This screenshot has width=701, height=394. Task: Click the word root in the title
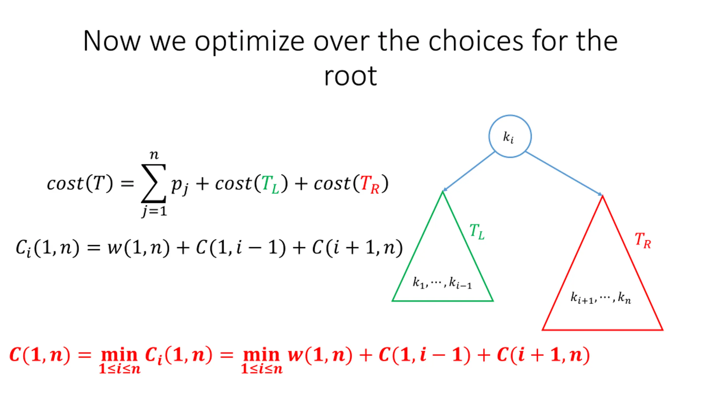click(350, 77)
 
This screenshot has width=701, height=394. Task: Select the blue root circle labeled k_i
click(510, 136)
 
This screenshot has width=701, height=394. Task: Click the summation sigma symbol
click(153, 183)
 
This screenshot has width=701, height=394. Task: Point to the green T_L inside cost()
click(270, 184)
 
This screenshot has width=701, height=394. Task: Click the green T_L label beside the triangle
click(477, 232)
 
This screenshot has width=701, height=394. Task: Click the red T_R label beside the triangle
click(642, 241)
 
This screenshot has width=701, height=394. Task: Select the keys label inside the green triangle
click(442, 283)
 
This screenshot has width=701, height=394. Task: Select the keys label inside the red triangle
click(601, 298)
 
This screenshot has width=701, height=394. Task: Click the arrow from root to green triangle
click(469, 171)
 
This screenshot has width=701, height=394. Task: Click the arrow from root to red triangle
click(564, 173)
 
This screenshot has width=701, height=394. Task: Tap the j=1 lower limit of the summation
click(154, 211)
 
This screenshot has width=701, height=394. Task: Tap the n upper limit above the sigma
click(154, 155)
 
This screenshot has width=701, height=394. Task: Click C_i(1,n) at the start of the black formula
click(47, 248)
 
